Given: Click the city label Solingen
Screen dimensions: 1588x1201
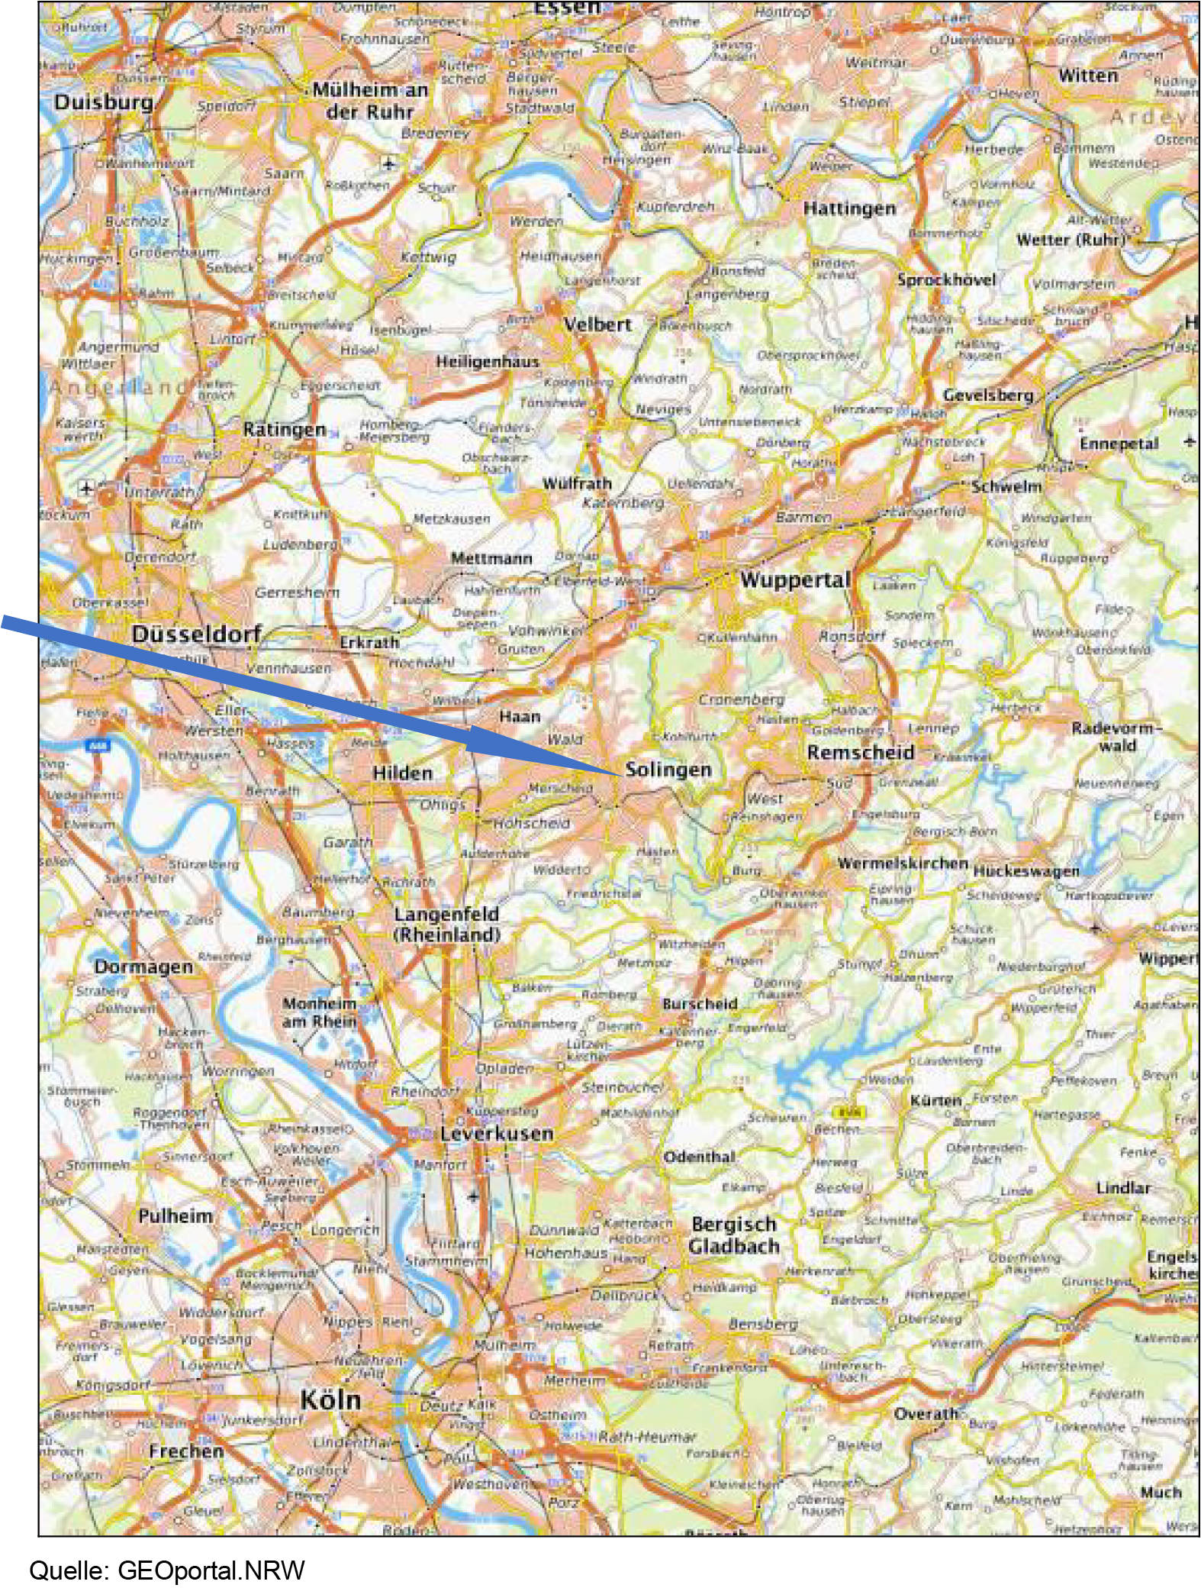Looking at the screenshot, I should (668, 770).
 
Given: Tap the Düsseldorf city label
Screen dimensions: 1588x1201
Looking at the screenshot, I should (196, 634).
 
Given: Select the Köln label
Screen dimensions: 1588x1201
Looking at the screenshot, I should (330, 1399).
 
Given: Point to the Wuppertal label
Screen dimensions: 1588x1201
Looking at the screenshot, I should (794, 580).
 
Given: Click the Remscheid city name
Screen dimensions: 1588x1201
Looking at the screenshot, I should (860, 752).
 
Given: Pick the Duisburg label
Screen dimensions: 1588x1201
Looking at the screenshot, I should (104, 102).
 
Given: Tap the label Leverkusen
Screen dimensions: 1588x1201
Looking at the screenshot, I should (496, 1134).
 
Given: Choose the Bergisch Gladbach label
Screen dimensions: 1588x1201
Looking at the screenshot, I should (734, 1235).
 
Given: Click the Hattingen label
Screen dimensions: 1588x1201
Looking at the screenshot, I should (849, 208).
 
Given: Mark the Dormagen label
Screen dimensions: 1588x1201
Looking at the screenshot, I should (143, 967).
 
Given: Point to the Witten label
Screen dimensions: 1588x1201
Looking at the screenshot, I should (1087, 76).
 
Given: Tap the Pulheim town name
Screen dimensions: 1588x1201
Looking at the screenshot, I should (175, 1215).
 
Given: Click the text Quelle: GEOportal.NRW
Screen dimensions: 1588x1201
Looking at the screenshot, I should (167, 1570).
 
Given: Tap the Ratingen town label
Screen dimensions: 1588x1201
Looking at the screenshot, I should (284, 430).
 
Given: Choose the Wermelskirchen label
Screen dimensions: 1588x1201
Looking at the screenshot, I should (903, 863).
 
